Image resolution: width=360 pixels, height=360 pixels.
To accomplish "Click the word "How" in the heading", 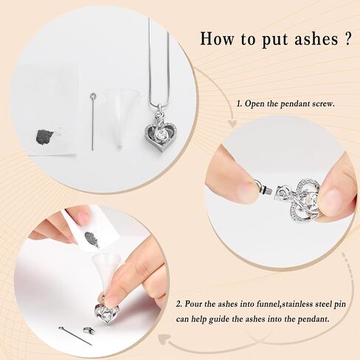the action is click(x=216, y=38).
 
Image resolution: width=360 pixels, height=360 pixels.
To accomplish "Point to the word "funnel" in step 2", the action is click(x=268, y=304).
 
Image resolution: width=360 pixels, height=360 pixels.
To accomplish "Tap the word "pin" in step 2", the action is click(x=339, y=305).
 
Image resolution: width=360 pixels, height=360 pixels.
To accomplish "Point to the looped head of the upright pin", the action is click(x=93, y=95).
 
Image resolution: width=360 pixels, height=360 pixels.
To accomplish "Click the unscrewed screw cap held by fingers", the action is click(x=263, y=187).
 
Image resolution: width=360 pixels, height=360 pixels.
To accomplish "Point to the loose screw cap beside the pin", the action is click(x=88, y=330).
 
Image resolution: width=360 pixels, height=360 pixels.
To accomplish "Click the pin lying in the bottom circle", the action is click(x=75, y=336).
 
